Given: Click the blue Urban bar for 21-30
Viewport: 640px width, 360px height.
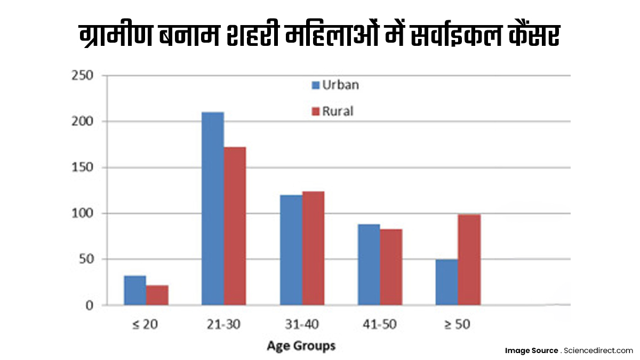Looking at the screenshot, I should pos(213,209).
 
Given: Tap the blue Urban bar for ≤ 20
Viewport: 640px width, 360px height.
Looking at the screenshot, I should pos(135,290).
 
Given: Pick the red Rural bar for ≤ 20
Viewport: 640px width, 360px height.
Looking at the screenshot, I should pos(157,295).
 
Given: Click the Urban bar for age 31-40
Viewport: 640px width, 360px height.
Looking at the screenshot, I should pos(291,250).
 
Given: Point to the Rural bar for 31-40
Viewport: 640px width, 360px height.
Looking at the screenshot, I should pos(313,249).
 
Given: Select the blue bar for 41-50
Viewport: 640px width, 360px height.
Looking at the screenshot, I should pos(369,265).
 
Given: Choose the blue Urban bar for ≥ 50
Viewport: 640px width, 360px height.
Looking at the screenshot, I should pos(446,282).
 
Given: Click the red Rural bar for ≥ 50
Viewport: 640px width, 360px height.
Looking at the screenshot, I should pos(469,260).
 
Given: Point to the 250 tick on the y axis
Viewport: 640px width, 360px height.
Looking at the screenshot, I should pos(83,76).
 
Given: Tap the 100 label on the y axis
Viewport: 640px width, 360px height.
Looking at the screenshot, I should pos(83,213).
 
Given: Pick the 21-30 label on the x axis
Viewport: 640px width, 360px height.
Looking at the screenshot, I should pos(223,324).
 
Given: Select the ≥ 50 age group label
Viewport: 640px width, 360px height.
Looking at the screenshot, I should pos(457,324).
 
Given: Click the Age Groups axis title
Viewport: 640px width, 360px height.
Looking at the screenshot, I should pos(301,346).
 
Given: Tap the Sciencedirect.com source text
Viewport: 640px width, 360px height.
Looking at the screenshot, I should pos(597,350).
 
